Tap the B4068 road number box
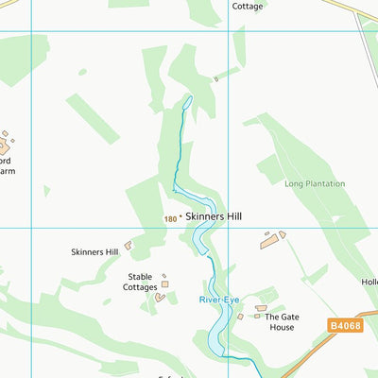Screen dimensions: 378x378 coord(346,325)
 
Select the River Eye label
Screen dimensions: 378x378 coord(219,299)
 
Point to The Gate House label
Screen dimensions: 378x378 coord(279,321)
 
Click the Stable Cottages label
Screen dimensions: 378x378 coord(140,282)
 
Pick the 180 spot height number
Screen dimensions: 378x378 coord(169,218)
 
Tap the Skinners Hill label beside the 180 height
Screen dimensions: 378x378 coord(214,216)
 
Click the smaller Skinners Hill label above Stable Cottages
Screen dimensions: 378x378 coord(94,252)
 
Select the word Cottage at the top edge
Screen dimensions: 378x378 coord(248,6)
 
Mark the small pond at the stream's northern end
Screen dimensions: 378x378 coord(187,101)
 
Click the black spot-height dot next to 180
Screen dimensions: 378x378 coord(180,218)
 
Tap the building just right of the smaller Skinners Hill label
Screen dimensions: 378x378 coord(128,246)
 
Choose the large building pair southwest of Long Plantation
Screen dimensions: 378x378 coord(272,238)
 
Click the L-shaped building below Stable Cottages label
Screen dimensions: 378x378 coord(160,298)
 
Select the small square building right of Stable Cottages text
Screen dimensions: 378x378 coord(165,283)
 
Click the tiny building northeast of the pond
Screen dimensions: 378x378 coord(215,79)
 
